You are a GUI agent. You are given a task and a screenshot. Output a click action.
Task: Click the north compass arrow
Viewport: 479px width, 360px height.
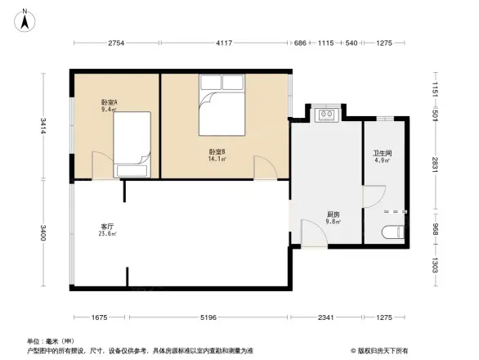click(26, 20)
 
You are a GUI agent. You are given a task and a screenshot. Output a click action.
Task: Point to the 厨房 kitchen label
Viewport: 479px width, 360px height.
click(333, 216)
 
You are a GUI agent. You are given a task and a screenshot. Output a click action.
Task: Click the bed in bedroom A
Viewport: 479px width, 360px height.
click(132, 144)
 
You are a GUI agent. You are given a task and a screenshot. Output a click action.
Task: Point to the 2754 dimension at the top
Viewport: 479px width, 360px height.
click(116, 43)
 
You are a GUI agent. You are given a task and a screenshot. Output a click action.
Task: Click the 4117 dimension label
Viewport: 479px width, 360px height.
click(225, 43)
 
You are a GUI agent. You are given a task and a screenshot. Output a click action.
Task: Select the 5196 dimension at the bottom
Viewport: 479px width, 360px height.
click(207, 317)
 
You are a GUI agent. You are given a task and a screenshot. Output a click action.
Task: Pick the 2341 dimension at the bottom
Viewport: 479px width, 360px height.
click(326, 317)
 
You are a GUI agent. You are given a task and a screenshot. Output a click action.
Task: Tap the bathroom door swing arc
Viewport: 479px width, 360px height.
click(372, 196)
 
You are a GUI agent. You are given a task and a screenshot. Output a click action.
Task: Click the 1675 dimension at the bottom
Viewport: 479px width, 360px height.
click(99, 317)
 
